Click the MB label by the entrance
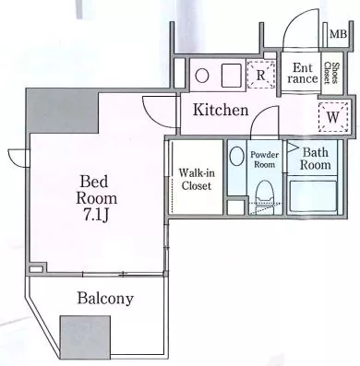pyautogui.click(x=338, y=33)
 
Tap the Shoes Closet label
pyautogui.click(x=331, y=73)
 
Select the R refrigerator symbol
pyautogui.click(x=260, y=75)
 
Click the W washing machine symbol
pyautogui.click(x=333, y=117)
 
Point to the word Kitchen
pyautogui.click(x=221, y=110)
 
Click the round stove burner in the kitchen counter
pyautogui.click(x=202, y=76)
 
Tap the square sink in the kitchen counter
pyautogui.click(x=232, y=76)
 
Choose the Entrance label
pyautogui.click(x=303, y=73)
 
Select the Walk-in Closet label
pyautogui.click(x=197, y=179)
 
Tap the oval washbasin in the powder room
pyautogui.click(x=237, y=156)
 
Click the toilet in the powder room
pyautogui.click(x=265, y=192)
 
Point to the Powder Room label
pyautogui.click(x=264, y=159)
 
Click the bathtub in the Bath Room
pyautogui.click(x=313, y=195)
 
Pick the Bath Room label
pyautogui.click(x=315, y=159)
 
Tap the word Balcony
pyautogui.click(x=105, y=298)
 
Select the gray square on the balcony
pyautogui.click(x=85, y=337)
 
